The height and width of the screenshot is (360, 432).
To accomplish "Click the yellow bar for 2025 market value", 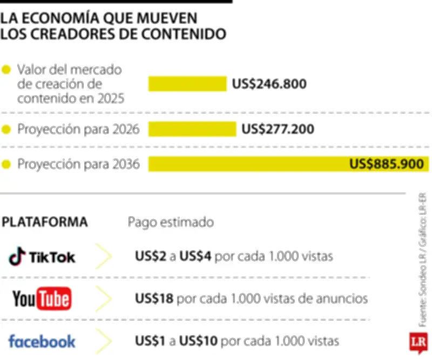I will pos(187,84).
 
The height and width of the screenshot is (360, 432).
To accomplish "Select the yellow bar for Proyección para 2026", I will pos(192,129).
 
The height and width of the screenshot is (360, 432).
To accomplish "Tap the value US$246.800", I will pos(269,84).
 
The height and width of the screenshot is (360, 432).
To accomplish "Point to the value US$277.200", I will pos(278,129).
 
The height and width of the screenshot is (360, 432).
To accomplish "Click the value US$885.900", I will pos(386,164).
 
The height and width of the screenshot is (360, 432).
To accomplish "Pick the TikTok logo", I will pos(42,256).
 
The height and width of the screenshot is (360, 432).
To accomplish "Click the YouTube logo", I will pos(42,298).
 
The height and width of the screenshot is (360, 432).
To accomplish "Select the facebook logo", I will pos(42,341).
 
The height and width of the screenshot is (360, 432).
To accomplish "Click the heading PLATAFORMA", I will pos(45,222).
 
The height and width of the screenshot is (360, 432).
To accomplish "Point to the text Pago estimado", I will pos(171,222).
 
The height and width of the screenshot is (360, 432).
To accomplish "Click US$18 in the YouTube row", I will pos(150,298).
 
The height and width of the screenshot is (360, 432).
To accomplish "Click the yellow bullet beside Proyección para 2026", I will pos(6,130).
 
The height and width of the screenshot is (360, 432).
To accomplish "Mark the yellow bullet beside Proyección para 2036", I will pos(6,164).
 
